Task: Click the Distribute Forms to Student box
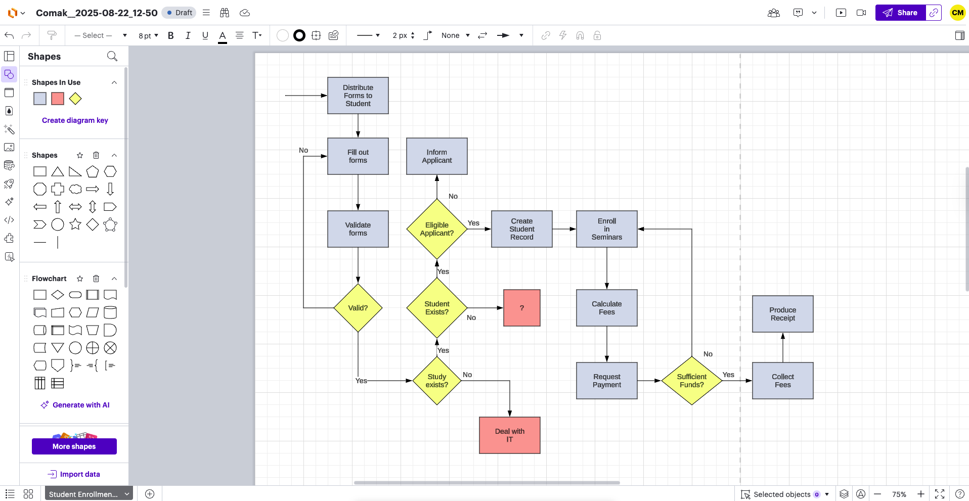[358, 96]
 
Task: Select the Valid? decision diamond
[358, 308]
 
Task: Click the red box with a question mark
[521, 308]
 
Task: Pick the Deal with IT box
[509, 435]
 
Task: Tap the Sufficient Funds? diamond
[691, 381]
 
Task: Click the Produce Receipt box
[782, 314]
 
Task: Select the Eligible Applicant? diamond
[436, 229]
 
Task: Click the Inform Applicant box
[436, 156]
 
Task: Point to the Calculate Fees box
[606, 308]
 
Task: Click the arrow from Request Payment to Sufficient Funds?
[649, 381]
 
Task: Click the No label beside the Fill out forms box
[303, 150]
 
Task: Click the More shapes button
[74, 446]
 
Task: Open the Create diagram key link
[75, 120]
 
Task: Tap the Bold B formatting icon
[170, 35]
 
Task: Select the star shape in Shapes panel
[75, 224]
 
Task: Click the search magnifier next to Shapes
[112, 56]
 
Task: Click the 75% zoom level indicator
[899, 494]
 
